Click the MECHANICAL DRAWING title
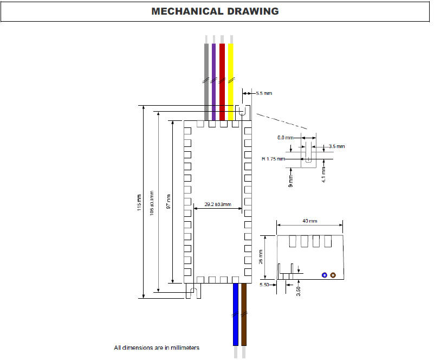pos(215,11)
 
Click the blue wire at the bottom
pos(235,320)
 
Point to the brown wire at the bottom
pos(244,320)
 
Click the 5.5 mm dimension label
pos(264,94)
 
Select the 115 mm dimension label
pos(140,202)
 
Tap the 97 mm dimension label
pos(169,202)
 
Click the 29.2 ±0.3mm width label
pos(218,204)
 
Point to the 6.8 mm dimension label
pos(285,138)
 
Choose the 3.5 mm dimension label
pos(336,146)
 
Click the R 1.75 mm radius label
pos(273,159)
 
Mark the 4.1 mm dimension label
pos(323,177)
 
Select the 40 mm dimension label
pos(310,221)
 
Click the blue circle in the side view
pos(324,275)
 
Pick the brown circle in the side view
pos(333,275)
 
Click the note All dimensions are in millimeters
pos(157,348)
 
